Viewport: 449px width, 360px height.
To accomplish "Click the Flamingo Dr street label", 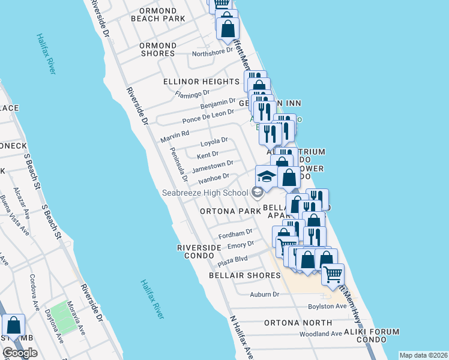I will click(191, 94).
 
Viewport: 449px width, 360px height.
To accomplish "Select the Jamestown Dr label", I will click(212, 165).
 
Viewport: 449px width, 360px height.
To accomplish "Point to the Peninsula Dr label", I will click(179, 165).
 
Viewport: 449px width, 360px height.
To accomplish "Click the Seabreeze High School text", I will click(205, 193).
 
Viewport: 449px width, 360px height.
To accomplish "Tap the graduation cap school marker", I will click(267, 176).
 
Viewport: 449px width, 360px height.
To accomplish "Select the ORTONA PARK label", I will click(231, 212).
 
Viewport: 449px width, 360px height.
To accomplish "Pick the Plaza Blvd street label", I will click(232, 261).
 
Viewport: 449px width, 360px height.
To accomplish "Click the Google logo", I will click(20, 353).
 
